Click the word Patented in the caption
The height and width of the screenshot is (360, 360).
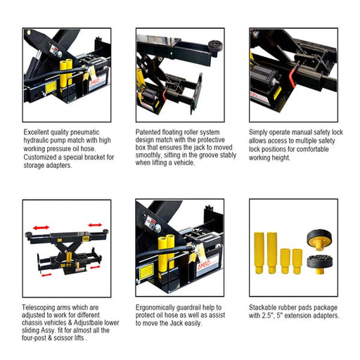pos(149,131)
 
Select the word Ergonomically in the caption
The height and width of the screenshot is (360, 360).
pos(159,307)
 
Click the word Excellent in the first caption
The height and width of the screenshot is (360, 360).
pos(39,131)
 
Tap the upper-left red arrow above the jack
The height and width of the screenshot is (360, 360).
pos(37,229)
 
